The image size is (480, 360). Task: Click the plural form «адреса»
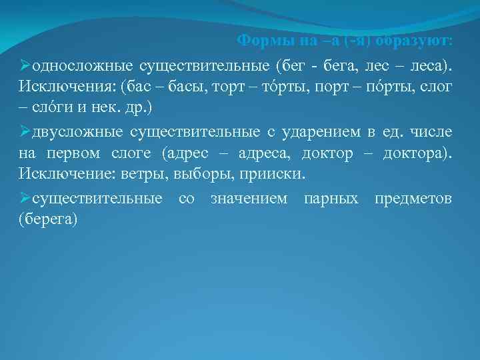[264, 153]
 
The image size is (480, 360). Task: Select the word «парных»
[331, 199]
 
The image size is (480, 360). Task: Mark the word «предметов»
[413, 199]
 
